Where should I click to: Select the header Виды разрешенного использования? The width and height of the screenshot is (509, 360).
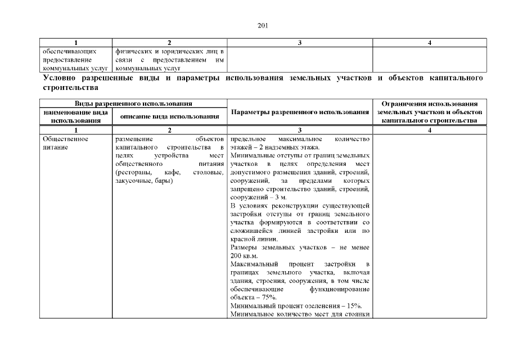133,104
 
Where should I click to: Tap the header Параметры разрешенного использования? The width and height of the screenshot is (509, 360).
300,112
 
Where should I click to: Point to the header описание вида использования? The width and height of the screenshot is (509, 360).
169,116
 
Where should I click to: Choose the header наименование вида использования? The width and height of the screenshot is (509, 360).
76,116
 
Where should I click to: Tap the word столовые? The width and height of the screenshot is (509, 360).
208,172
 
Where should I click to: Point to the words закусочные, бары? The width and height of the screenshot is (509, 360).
143,181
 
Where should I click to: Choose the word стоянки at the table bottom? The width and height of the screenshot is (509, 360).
357,314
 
